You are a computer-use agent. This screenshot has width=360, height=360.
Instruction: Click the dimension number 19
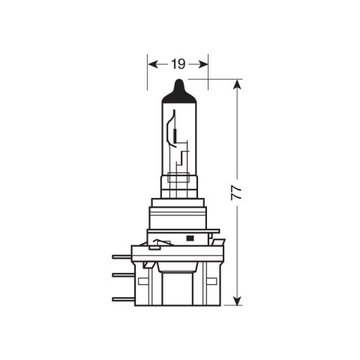(x=177, y=64)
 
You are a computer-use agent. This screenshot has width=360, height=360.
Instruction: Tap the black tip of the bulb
(x=178, y=88)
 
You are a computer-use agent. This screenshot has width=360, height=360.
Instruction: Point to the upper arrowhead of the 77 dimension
(x=238, y=84)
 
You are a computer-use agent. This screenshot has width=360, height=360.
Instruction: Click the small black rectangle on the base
(x=189, y=238)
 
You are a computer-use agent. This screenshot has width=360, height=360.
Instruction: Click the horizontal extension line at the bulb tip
(x=217, y=79)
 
